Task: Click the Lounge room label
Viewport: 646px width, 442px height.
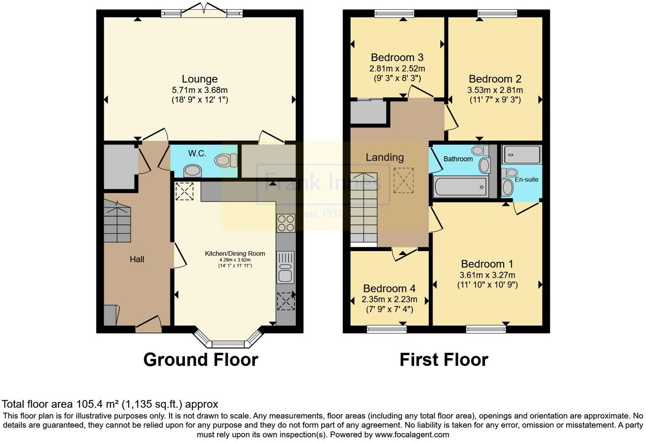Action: [199, 79]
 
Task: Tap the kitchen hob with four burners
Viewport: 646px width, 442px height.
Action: [286, 223]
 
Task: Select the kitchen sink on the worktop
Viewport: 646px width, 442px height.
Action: [285, 268]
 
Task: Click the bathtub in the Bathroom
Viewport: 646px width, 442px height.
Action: [460, 187]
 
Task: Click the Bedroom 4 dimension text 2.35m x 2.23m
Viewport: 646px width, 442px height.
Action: [389, 299]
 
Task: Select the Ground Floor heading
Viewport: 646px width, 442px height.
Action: [201, 360]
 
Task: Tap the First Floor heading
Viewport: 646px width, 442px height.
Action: [444, 360]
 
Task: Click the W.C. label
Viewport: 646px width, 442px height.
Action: [197, 153]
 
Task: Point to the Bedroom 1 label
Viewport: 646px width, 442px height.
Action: [487, 264]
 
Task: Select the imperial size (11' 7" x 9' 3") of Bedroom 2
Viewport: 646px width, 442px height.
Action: [495, 100]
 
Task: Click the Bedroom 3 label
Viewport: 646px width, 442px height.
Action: [397, 57]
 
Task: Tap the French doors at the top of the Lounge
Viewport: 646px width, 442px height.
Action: [202, 11]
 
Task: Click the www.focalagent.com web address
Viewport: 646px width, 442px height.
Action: [412, 434]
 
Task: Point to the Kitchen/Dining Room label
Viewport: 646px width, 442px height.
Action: [235, 253]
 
